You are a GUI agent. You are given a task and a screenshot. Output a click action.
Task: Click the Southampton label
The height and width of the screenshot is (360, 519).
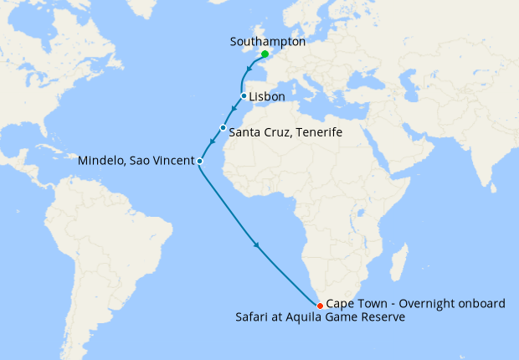[x=267, y=40]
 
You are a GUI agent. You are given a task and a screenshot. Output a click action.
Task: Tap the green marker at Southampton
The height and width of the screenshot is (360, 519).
[x=265, y=54]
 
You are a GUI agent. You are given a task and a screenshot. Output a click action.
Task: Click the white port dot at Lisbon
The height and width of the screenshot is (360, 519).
[x=244, y=96]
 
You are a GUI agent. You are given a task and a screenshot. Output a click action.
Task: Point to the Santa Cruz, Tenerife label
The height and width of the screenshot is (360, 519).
[x=285, y=132]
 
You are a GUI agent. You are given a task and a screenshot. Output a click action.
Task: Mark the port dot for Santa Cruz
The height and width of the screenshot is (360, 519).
[x=224, y=127]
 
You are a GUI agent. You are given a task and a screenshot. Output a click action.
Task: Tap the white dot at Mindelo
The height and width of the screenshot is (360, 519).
[x=199, y=160]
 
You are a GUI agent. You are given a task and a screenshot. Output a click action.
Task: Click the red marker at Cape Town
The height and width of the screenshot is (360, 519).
[x=320, y=305]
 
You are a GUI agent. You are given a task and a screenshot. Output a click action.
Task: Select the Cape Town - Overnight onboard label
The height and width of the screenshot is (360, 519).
[x=415, y=303]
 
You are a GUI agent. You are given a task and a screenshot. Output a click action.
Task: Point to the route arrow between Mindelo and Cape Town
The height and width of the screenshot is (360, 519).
[x=255, y=245]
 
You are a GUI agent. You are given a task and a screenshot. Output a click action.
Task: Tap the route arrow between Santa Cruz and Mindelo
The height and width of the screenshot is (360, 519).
[x=213, y=143]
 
